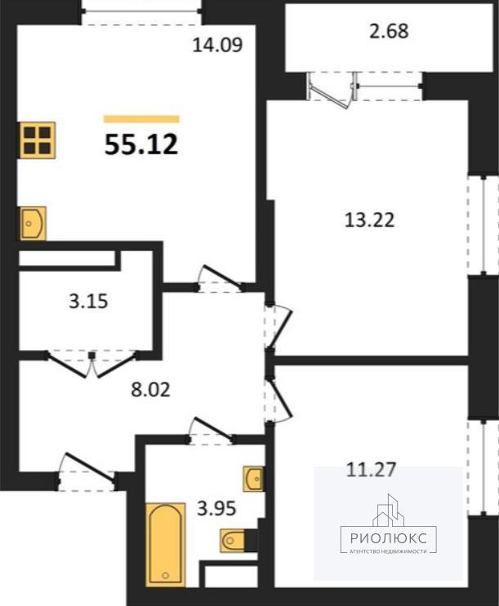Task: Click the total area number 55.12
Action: (141, 144)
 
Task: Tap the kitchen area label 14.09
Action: (217, 45)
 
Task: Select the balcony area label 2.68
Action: (389, 31)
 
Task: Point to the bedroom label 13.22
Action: (369, 220)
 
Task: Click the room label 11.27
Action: (371, 470)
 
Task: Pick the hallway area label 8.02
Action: (150, 390)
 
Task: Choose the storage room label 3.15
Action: (88, 302)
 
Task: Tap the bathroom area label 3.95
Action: (216, 509)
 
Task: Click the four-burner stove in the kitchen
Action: (38, 140)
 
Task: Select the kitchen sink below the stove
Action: (33, 223)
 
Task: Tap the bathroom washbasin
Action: (253, 479)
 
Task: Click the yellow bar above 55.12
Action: (141, 119)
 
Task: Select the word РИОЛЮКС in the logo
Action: (389, 538)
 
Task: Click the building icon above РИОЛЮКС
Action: (388, 510)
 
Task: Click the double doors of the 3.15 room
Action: (92, 363)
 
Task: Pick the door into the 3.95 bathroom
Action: (211, 430)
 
